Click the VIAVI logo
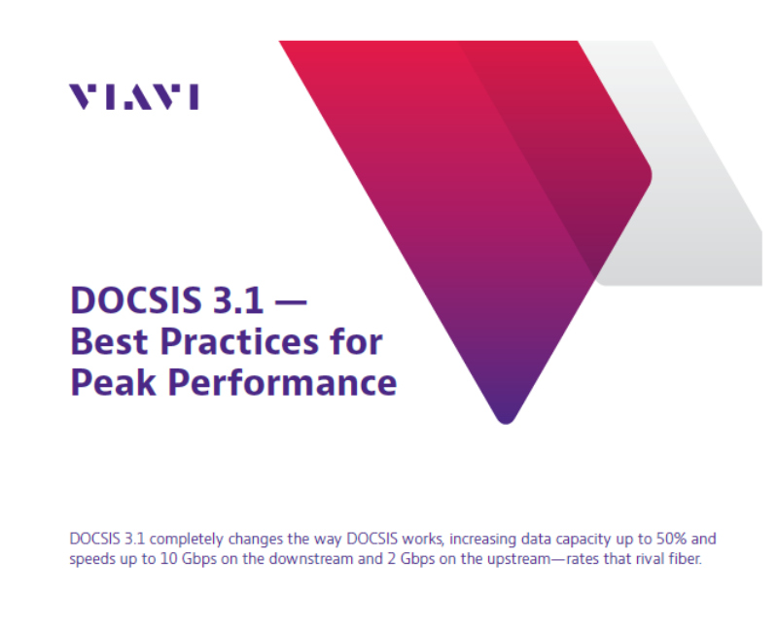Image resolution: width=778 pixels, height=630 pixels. point(133,96)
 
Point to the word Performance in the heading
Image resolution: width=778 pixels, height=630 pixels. point(282,381)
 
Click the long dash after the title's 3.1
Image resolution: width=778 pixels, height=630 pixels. point(290,301)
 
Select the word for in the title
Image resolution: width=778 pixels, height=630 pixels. point(357,341)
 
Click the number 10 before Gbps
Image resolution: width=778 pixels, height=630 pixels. point(160,560)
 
